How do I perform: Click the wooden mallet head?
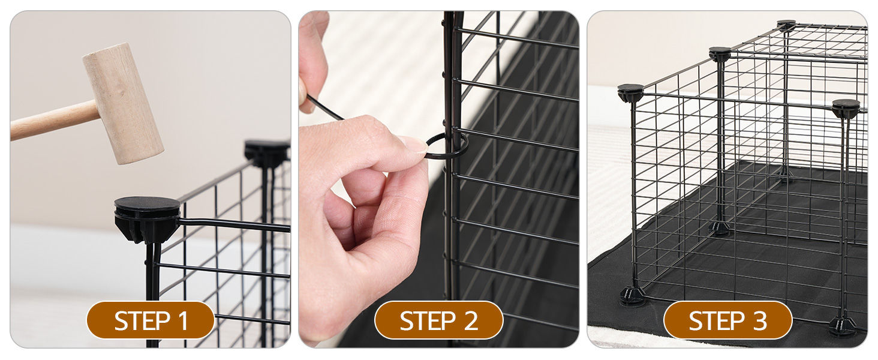point(123,103)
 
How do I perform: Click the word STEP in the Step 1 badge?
point(138,321)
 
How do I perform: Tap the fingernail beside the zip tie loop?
point(414,144)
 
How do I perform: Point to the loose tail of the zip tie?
point(324,108)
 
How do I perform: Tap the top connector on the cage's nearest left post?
point(630,92)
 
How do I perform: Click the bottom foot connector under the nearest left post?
point(633,295)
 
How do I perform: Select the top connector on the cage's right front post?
point(846,108)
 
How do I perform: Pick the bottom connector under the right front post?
point(843,326)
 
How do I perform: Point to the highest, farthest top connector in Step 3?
point(786,25)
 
